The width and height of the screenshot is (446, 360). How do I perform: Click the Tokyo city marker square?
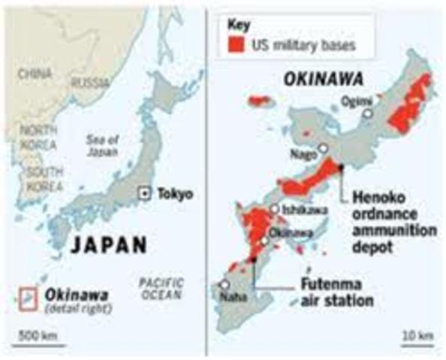pyautogui.click(x=144, y=193)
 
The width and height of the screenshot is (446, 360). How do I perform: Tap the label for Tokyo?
pyautogui.click(x=175, y=194)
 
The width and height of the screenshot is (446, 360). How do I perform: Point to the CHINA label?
pyautogui.click(x=35, y=73)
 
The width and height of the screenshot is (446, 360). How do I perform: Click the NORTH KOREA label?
pyautogui.click(x=38, y=136)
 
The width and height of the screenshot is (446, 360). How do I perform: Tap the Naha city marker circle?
pyautogui.click(x=225, y=285)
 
